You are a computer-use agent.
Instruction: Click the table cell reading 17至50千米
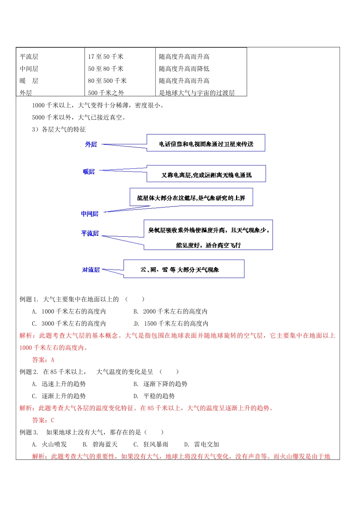pyautogui.click(x=106, y=57)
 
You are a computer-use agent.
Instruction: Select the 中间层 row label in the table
pyautogui.click(x=29, y=69)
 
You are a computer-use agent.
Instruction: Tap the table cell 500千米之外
pyautogui.click(x=106, y=93)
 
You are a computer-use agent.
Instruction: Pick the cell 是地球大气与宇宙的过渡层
pyautogui.click(x=197, y=93)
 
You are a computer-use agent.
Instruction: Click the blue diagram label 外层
pyautogui.click(x=91, y=144)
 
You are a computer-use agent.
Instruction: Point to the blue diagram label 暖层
pyautogui.click(x=89, y=172)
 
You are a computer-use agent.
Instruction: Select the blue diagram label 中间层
pyautogui.click(x=90, y=214)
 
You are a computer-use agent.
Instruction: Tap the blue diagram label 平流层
pyautogui.click(x=90, y=233)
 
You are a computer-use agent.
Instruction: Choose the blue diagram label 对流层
pyautogui.click(x=91, y=270)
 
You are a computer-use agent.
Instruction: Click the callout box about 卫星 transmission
pyautogui.click(x=206, y=143)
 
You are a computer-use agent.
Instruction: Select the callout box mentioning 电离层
pyautogui.click(x=206, y=174)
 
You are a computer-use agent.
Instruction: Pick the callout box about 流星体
pyautogui.click(x=191, y=197)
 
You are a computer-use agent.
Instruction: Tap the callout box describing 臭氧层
pyautogui.click(x=208, y=235)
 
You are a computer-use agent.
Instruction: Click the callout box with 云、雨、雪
pyautogui.click(x=184, y=269)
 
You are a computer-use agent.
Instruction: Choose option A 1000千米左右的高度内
pyautogui.click(x=69, y=311)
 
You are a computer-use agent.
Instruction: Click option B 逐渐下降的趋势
pyautogui.click(x=161, y=384)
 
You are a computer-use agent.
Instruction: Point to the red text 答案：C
pyautogui.click(x=43, y=420)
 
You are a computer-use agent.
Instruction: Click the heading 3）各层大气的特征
pyautogui.click(x=59, y=130)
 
